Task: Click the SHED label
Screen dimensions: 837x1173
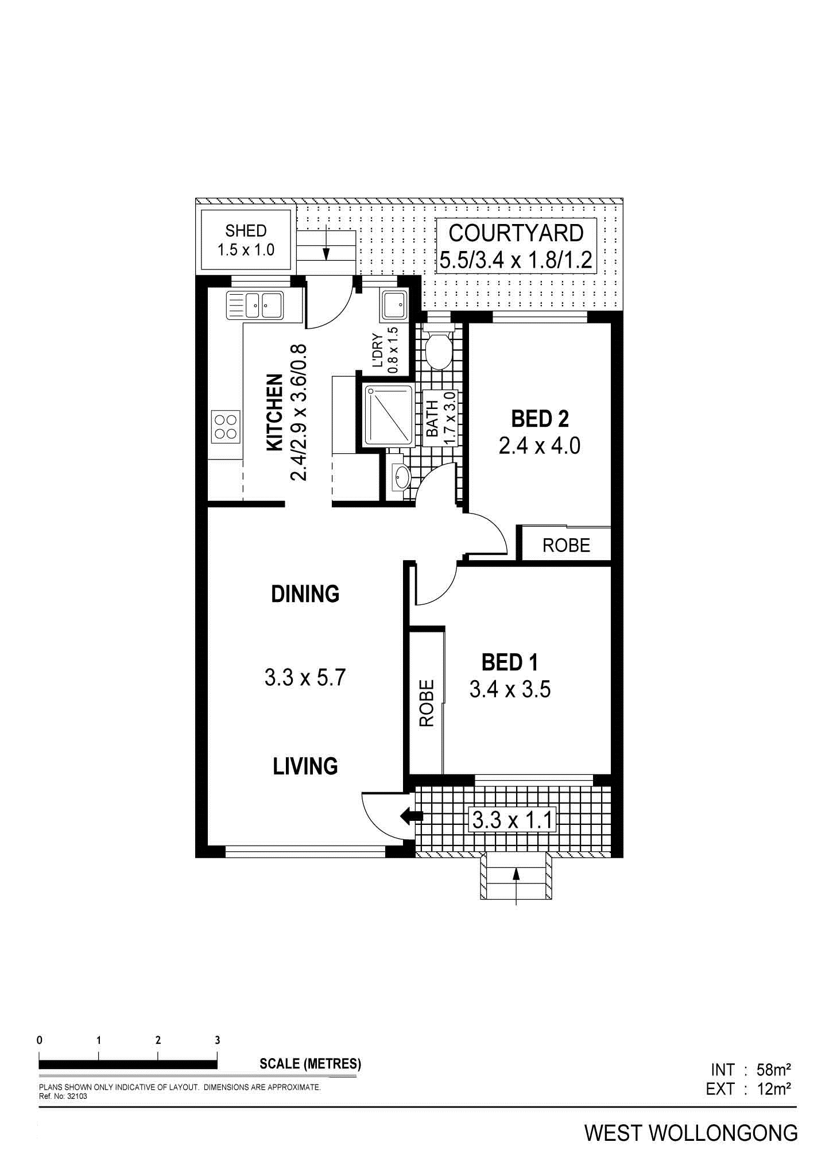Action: pos(246,231)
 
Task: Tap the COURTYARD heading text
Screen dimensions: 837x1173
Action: pos(516,233)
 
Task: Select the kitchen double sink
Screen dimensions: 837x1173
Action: pos(255,305)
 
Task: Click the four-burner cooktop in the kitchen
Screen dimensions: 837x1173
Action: pos(226,426)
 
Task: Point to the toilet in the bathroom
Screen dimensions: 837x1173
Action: pos(439,348)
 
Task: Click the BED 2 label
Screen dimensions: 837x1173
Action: pos(540,419)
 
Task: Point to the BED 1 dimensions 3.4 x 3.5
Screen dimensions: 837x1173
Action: pos(510,689)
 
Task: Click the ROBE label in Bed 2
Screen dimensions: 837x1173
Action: pos(566,545)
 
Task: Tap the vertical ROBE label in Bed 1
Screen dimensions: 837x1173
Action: pos(427,704)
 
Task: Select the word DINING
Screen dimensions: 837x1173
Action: pos(305,593)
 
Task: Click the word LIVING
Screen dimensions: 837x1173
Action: pos(305,766)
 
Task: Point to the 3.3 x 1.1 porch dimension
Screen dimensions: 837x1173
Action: pos(513,820)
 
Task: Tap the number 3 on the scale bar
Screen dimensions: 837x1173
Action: pos(217,1040)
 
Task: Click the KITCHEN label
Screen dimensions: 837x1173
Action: pos(275,412)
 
